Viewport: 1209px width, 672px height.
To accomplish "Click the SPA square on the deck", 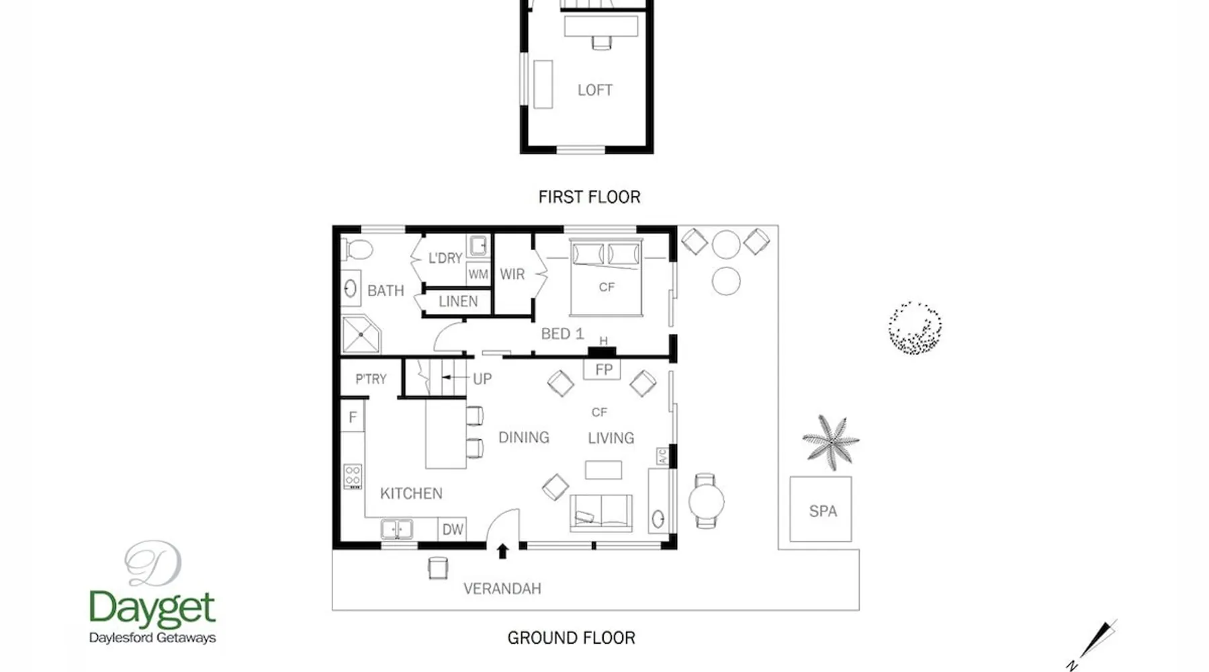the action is [x=820, y=509].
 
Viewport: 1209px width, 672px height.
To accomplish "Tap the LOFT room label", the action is [x=595, y=90].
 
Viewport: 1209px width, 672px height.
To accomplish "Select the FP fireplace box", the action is [x=603, y=370].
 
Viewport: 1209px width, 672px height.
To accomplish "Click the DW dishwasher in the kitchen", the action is [x=452, y=529].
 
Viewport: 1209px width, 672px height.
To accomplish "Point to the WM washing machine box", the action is [x=478, y=274].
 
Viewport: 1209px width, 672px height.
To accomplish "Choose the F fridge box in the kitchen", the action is [x=353, y=417].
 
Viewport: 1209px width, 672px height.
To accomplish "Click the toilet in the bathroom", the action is [x=358, y=250].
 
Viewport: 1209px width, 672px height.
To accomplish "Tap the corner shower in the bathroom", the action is [x=361, y=335].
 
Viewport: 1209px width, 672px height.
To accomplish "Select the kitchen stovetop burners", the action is [x=353, y=476].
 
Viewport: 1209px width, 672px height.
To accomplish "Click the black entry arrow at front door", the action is [x=502, y=551].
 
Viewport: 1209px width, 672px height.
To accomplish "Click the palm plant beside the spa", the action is [x=830, y=442].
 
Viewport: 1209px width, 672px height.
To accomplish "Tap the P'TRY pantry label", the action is [x=371, y=379].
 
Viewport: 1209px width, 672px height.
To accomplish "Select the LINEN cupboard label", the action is [x=458, y=302].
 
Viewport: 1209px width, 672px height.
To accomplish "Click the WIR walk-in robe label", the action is [x=512, y=274].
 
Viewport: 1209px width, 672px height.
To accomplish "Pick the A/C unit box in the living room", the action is [x=662, y=456].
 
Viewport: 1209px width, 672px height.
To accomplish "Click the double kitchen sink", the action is [x=397, y=529].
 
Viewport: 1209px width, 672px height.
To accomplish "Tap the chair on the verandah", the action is [x=438, y=568].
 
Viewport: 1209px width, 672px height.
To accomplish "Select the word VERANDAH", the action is [x=502, y=589].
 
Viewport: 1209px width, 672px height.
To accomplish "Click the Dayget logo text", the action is [x=152, y=608].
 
